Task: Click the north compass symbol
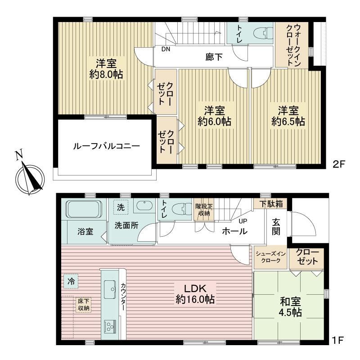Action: point(30,176)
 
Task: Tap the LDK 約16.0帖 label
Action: point(195,294)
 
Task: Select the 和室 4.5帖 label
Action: point(290,307)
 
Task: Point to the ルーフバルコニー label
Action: point(107,146)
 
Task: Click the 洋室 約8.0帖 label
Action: point(106,69)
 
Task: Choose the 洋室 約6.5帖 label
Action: point(288,116)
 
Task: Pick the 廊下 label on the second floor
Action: point(214,57)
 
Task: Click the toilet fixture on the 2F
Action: point(263,33)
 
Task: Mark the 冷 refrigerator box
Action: point(71,281)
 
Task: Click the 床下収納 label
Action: point(84,305)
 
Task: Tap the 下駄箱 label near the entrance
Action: point(271,204)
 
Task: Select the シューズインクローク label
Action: point(271,257)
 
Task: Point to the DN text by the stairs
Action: point(166,49)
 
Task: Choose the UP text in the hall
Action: point(243,221)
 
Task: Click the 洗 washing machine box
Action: point(121,207)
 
